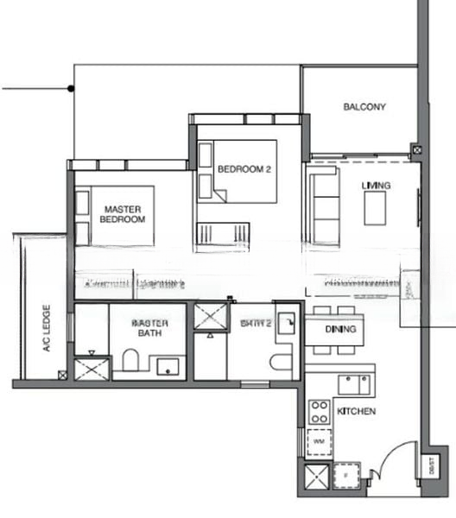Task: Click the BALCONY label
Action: point(364,108)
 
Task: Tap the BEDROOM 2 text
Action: point(244,169)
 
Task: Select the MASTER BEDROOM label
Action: point(123,214)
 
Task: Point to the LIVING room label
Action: point(376,186)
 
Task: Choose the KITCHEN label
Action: point(356,412)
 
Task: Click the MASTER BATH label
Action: point(149,327)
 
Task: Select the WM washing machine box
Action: point(319,441)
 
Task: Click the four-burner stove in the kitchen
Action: point(320,410)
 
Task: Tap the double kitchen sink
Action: point(353,383)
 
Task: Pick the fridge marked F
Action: point(345,475)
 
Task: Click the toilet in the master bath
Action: point(130,360)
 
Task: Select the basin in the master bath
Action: point(165,366)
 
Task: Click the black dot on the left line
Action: point(72,88)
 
